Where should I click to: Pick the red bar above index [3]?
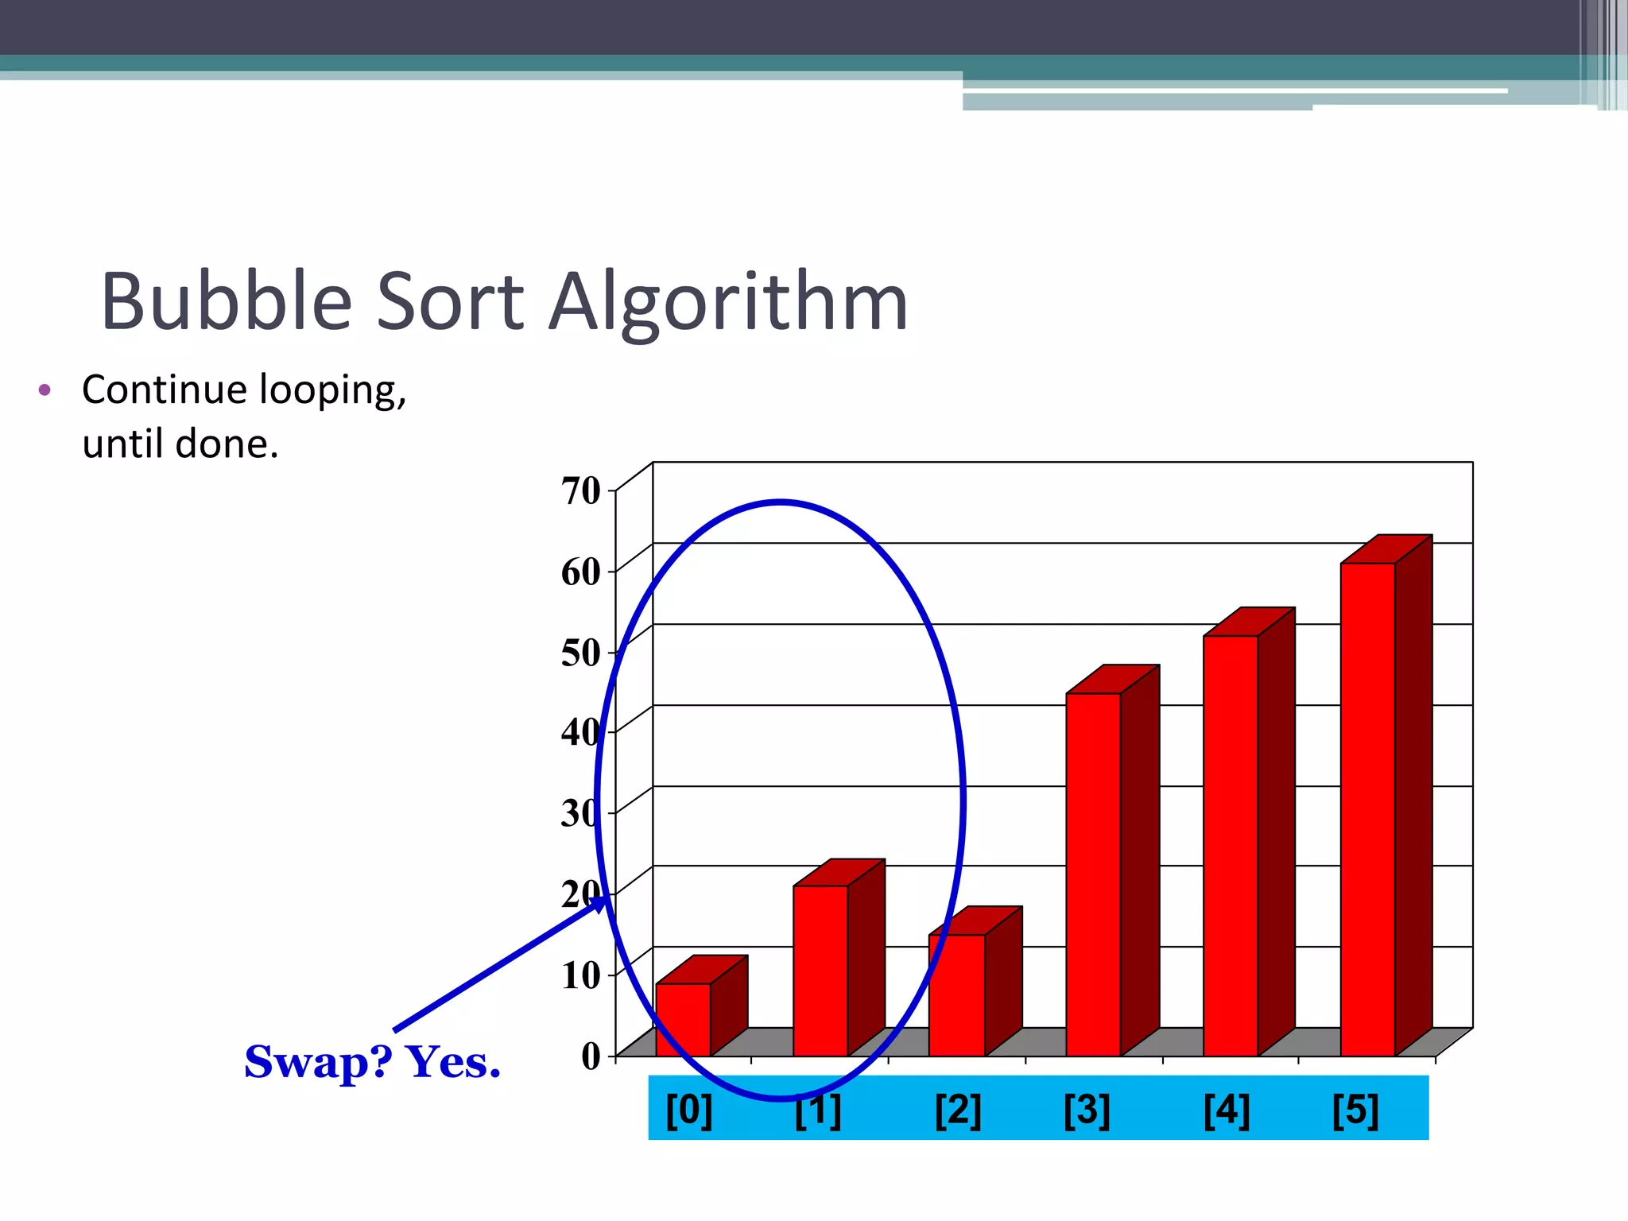pos(1094,874)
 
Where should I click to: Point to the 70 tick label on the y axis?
pos(581,490)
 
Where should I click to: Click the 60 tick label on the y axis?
pos(581,572)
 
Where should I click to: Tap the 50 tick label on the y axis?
pos(581,653)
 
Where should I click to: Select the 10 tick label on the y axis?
pos(581,975)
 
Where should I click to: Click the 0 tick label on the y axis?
pos(591,1056)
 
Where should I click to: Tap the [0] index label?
pos(688,1110)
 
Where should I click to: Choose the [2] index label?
pos(958,1110)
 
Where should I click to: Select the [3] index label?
pos(1087,1110)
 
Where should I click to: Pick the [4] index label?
pos(1227,1110)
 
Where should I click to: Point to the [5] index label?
pos(1355,1110)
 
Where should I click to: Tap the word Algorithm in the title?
pos(728,303)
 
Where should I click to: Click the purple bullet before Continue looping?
pos(45,390)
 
